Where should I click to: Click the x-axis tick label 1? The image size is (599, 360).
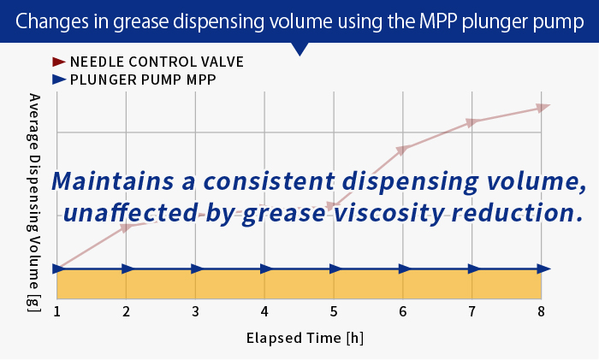pyautogui.click(x=57, y=310)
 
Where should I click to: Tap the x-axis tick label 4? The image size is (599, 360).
pyautogui.click(x=265, y=310)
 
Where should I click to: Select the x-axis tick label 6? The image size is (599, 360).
pyautogui.click(x=402, y=310)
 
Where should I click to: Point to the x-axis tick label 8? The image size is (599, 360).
pyautogui.click(x=541, y=310)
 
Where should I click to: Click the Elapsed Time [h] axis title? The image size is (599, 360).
pyautogui.click(x=299, y=337)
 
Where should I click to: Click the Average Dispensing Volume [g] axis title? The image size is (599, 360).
pyautogui.click(x=34, y=202)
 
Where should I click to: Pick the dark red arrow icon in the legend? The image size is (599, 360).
pyautogui.click(x=58, y=62)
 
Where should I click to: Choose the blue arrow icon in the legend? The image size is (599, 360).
pyautogui.click(x=58, y=80)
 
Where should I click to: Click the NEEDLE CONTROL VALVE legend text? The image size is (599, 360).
pyautogui.click(x=157, y=62)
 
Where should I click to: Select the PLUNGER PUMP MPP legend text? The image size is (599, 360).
pyautogui.click(x=143, y=80)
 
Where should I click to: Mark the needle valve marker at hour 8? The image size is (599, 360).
pyautogui.click(x=542, y=107)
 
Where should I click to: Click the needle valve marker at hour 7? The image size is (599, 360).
pyautogui.click(x=471, y=122)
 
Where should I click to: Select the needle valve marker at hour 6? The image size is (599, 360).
pyautogui.click(x=402, y=150)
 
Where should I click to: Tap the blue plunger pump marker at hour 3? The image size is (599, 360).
pyautogui.click(x=196, y=269)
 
